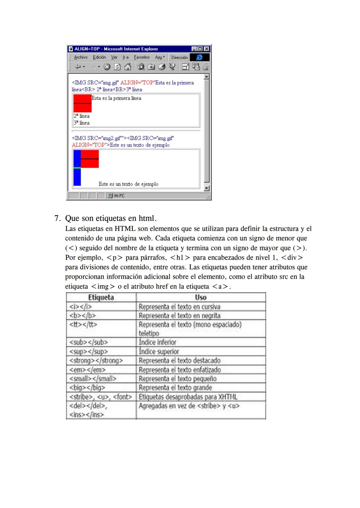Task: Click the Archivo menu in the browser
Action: [x=81, y=57]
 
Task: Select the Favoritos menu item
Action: [x=142, y=57]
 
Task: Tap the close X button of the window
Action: [x=207, y=49]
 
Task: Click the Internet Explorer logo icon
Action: [x=199, y=57]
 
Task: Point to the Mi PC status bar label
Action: [x=119, y=196]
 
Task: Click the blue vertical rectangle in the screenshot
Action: [x=77, y=177]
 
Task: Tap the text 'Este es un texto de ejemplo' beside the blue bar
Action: [x=128, y=184]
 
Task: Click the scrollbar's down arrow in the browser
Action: [x=207, y=188]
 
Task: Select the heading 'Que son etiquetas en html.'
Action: [x=111, y=218]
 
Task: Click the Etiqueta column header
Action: [x=101, y=297]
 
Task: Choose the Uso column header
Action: [x=201, y=297]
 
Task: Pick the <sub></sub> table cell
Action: [x=88, y=342]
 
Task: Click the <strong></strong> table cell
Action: [x=96, y=361]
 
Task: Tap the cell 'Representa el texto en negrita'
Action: [x=179, y=316]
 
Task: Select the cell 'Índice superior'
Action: [x=159, y=351]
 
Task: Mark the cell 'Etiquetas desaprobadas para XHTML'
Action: [x=188, y=397]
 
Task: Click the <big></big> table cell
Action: [x=87, y=388]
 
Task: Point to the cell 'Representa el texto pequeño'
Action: [x=177, y=379]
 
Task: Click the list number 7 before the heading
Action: [x=57, y=219]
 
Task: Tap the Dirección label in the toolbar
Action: [x=179, y=57]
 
